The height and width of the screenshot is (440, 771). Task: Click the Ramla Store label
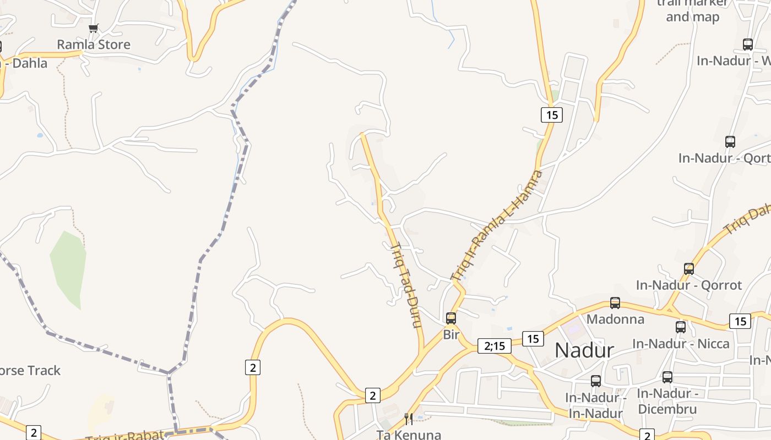pos(94,45)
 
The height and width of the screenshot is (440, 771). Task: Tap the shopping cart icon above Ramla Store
pos(94,28)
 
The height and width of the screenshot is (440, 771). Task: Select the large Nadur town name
pos(584,350)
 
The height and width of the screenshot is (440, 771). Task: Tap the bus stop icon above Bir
pos(451,318)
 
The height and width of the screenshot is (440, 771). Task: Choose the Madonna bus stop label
pos(615,319)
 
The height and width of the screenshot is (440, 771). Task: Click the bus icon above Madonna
pos(615,303)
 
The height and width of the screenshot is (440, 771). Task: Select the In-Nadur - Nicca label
pos(681,344)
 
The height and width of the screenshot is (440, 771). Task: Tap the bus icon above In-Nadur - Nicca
pos(681,327)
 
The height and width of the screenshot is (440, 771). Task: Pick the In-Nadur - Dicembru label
pos(667,401)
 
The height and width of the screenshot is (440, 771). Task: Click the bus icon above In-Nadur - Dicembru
pos(667,377)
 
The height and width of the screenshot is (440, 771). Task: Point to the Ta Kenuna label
pos(409,435)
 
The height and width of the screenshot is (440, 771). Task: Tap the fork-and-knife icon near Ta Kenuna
pos(409,419)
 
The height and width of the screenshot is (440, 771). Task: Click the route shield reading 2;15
pos(495,346)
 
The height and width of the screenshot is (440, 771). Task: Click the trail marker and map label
pos(692,10)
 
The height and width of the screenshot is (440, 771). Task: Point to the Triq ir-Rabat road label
pos(126,436)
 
